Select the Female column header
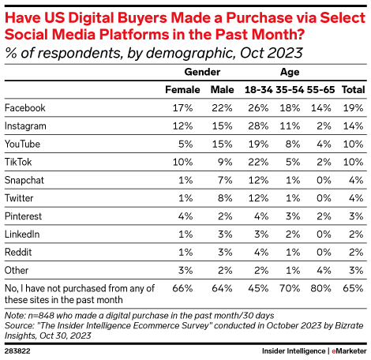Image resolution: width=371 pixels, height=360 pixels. click(x=182, y=89)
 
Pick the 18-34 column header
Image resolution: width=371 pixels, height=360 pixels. click(x=258, y=89)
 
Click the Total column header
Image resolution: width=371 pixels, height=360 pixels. click(x=352, y=89)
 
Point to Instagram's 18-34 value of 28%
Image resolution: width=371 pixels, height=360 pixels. click(x=259, y=126)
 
